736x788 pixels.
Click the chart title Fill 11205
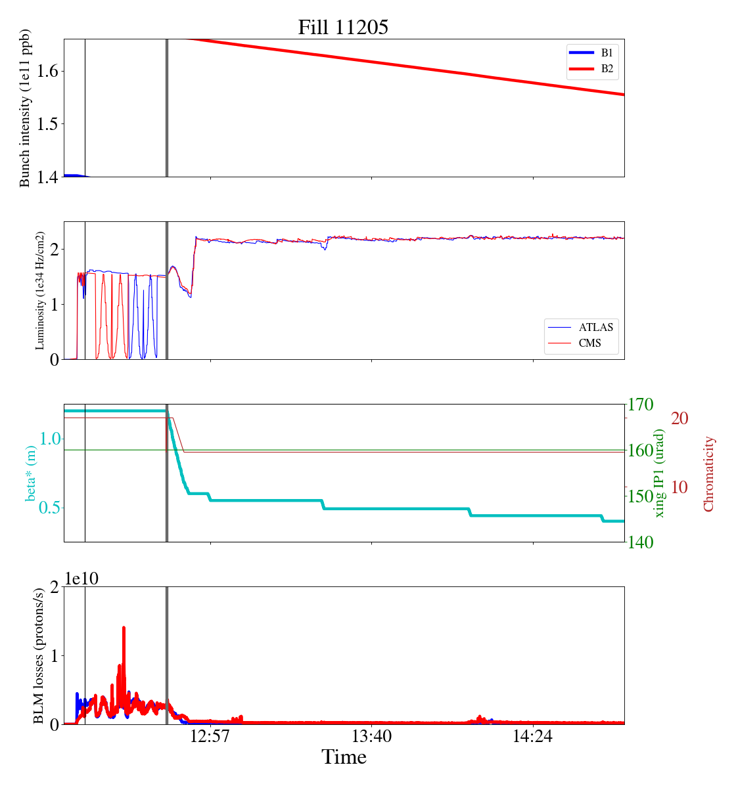[343, 27]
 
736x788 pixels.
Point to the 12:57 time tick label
[210, 736]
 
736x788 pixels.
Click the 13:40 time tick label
[371, 736]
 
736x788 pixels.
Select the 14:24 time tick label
[532, 736]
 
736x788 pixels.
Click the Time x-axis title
[344, 757]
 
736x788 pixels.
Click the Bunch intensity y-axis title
[25, 108]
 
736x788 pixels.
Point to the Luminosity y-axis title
[40, 290]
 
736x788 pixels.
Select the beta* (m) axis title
[31, 473]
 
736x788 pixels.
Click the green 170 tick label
[641, 405]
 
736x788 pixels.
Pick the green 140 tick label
[641, 542]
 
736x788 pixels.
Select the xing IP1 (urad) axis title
[660, 473]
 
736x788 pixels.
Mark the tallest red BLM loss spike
[124, 628]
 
